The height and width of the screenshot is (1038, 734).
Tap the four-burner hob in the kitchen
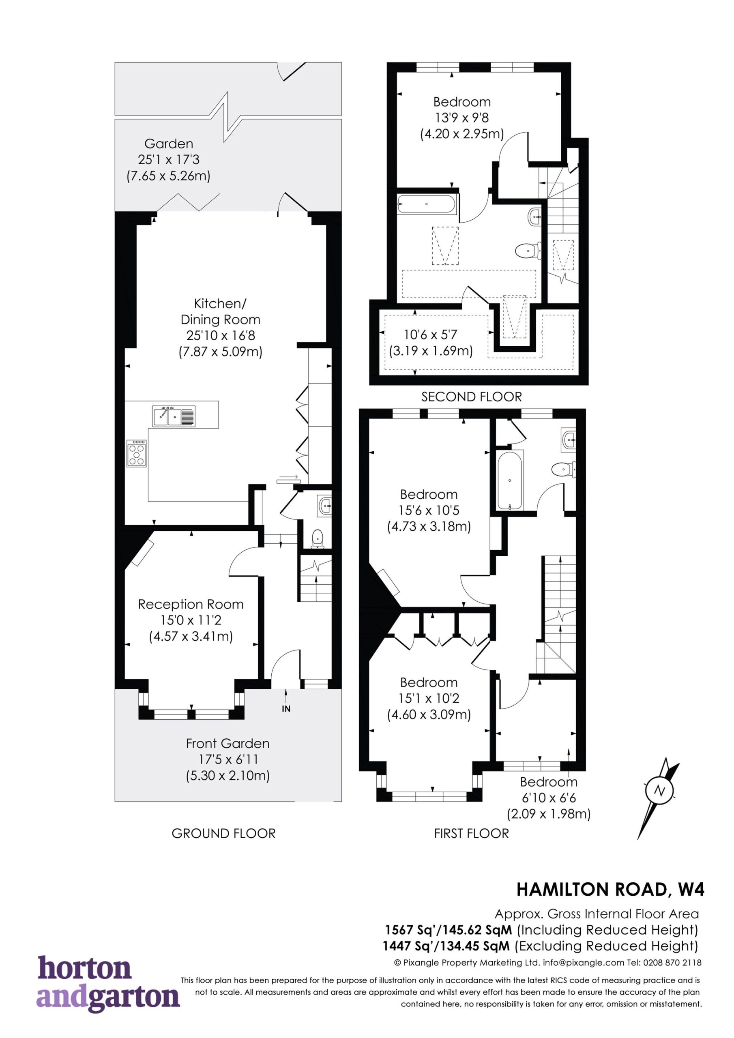(x=137, y=453)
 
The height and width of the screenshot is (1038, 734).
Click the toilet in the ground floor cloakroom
(x=318, y=538)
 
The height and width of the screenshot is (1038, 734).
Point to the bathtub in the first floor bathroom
(x=510, y=480)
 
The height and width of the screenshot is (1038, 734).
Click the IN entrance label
(x=286, y=709)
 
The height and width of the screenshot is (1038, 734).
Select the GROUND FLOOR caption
(x=223, y=833)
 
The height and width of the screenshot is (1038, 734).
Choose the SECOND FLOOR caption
(x=471, y=397)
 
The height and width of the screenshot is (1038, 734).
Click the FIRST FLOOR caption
(x=471, y=833)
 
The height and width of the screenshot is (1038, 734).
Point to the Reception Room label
(x=191, y=604)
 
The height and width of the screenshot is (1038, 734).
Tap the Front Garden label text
(x=227, y=743)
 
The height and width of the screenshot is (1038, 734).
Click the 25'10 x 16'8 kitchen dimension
(x=221, y=335)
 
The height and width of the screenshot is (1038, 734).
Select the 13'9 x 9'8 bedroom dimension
(x=462, y=118)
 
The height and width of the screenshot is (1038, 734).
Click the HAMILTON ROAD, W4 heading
(x=611, y=889)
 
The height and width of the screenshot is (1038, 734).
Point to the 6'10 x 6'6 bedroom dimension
(x=549, y=798)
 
